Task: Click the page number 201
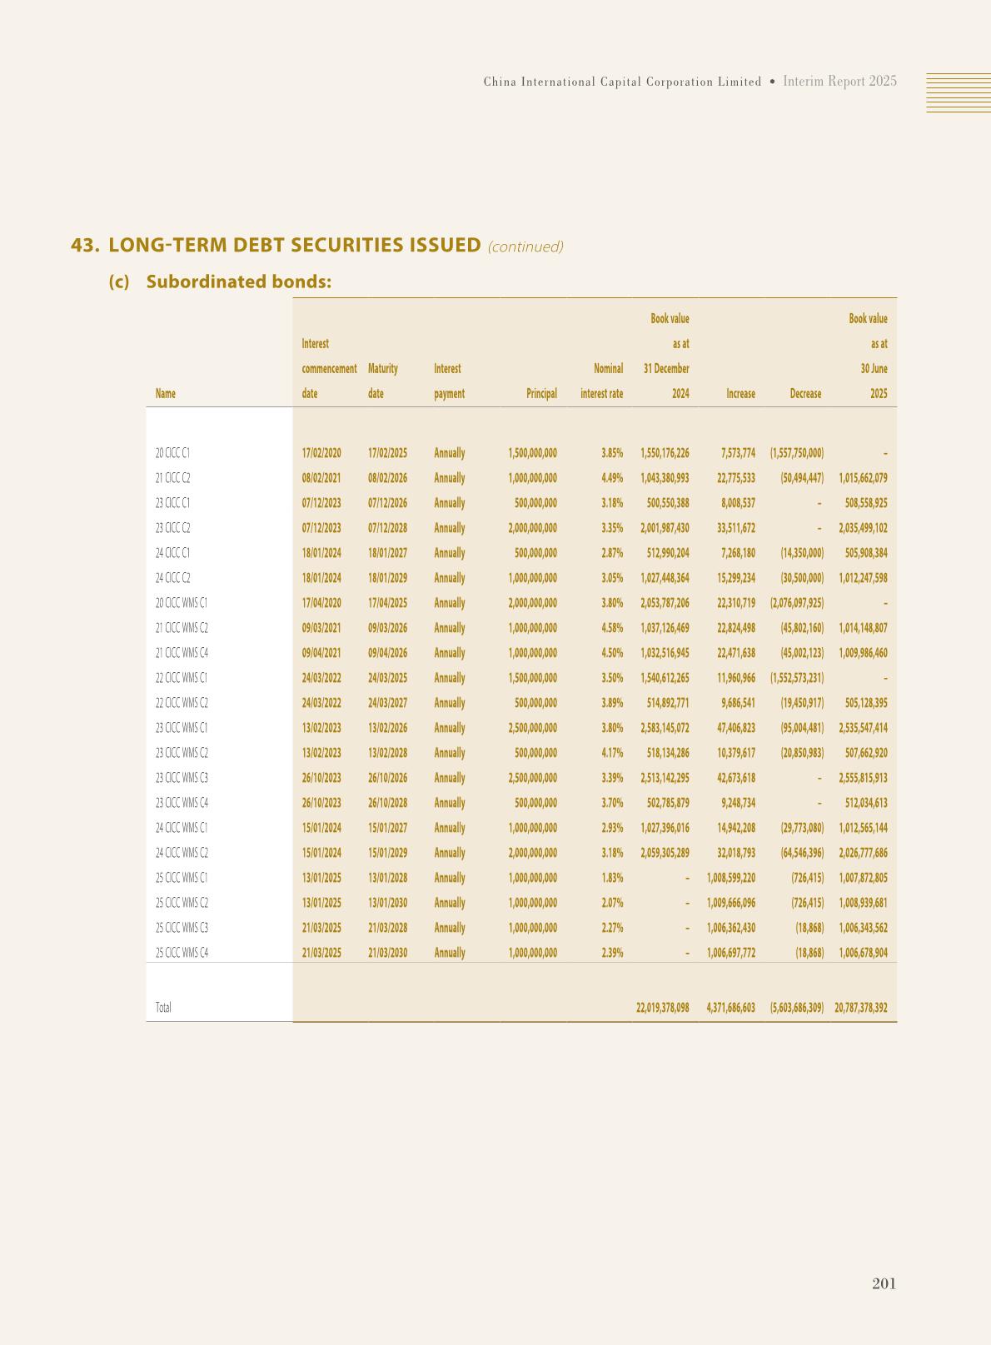884,1283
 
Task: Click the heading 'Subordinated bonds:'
238,281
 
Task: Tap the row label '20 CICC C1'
172,453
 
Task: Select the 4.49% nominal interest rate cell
612,478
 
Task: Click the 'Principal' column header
541,394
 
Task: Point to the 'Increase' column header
740,394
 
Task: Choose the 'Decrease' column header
805,394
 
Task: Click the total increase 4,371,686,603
730,1008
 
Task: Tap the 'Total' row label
163,1008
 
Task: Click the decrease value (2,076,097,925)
797,603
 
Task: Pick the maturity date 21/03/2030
387,953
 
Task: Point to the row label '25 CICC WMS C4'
182,953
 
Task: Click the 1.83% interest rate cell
612,878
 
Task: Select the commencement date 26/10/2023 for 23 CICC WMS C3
321,778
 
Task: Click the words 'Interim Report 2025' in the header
839,82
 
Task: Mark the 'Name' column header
166,394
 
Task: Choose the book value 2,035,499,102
863,528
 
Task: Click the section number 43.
85,246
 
